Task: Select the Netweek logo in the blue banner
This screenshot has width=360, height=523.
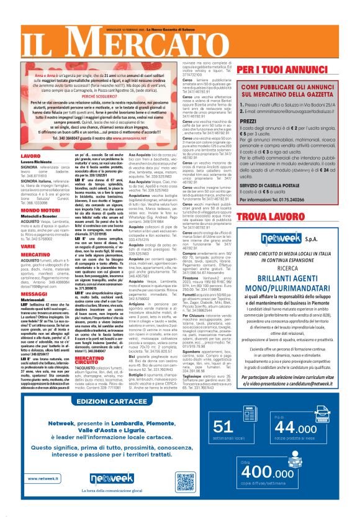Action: point(110,478)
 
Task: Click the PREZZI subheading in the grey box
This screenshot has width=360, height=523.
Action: point(248,122)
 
